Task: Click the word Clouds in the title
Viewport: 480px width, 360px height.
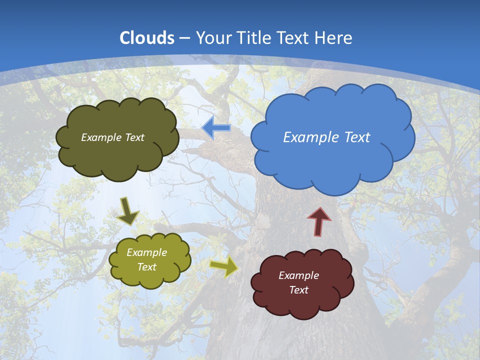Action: coord(147,37)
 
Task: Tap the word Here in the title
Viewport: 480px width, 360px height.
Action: coord(335,37)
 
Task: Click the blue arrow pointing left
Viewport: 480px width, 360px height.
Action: coord(216,128)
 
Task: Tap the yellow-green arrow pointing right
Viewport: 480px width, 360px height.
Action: coord(224,267)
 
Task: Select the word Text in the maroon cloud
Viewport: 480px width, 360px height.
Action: coord(298,290)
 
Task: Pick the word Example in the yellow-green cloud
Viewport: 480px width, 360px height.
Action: coord(146,252)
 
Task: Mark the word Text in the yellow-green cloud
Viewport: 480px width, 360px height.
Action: coord(146,267)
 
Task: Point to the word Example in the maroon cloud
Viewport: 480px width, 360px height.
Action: coord(298,275)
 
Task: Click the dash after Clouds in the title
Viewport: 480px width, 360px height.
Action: coord(184,38)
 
